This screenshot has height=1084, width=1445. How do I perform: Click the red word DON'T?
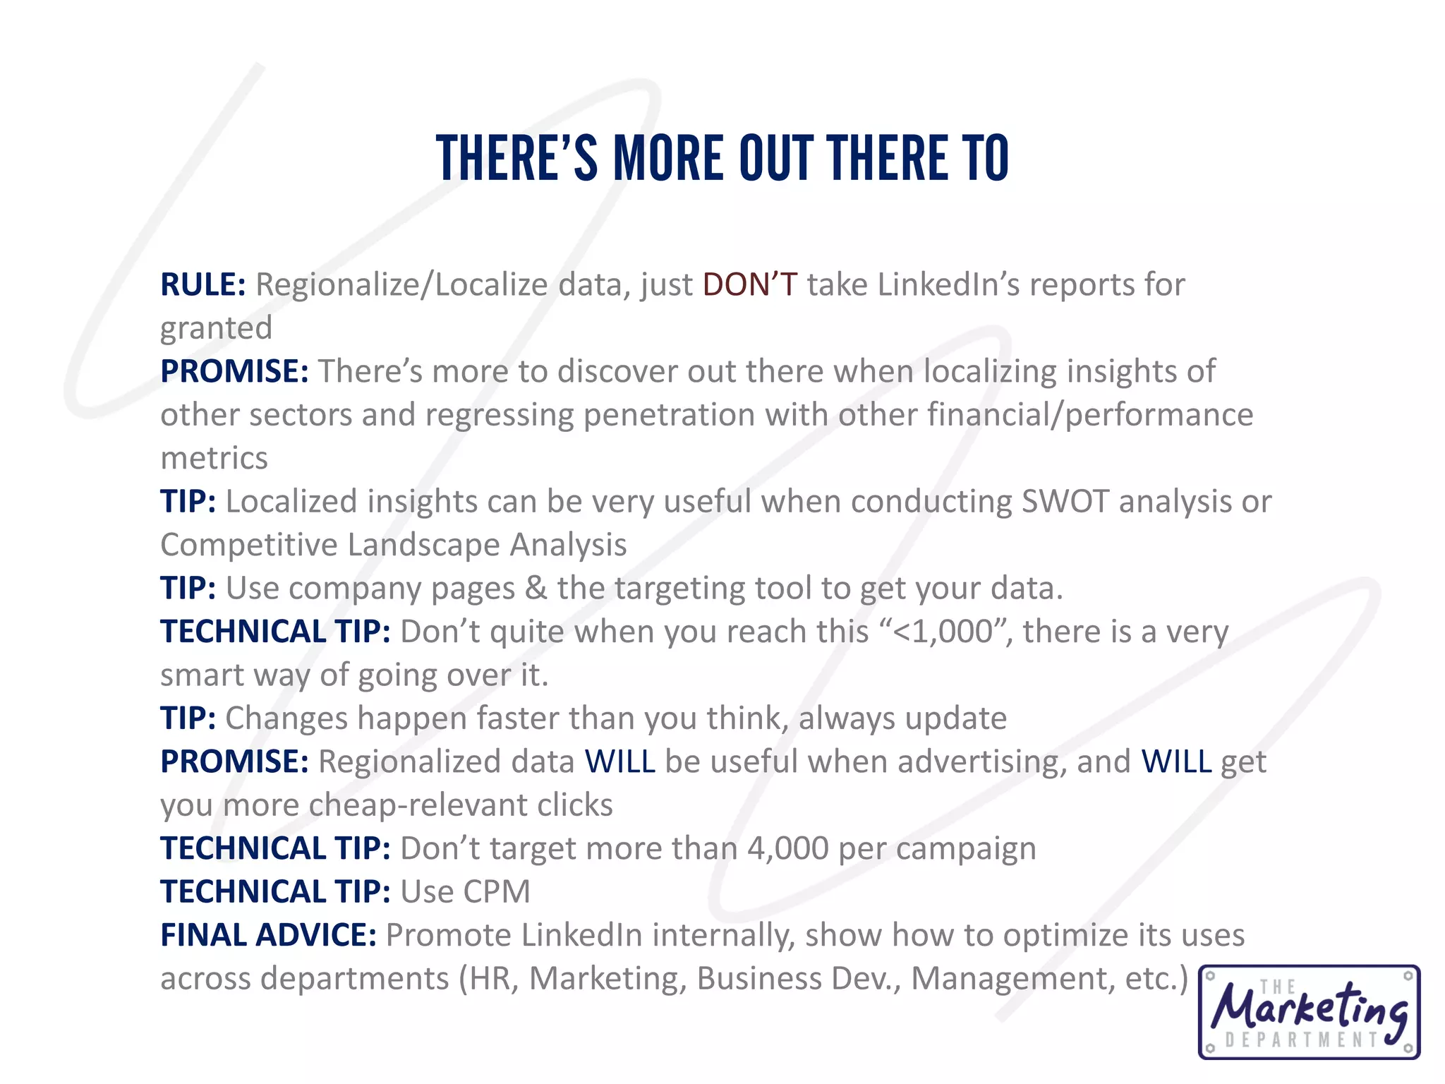click(x=750, y=284)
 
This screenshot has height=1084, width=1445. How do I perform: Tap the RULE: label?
click(x=202, y=284)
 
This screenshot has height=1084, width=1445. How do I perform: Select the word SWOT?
click(x=1065, y=502)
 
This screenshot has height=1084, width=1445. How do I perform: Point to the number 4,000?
click(x=787, y=848)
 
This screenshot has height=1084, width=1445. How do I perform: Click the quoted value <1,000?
click(x=943, y=632)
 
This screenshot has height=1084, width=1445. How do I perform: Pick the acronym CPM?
click(x=497, y=891)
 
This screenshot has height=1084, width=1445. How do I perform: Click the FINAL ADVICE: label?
click(x=268, y=935)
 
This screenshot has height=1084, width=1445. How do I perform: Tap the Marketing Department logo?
click(x=1309, y=1012)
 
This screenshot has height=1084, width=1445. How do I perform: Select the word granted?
click(x=216, y=329)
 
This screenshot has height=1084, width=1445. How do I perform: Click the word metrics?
click(x=214, y=458)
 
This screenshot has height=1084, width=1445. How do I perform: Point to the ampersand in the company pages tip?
click(x=536, y=589)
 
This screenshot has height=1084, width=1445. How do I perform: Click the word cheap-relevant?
click(x=418, y=805)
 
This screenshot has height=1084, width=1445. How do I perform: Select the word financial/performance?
click(x=1090, y=415)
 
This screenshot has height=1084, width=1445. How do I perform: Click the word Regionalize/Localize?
click(x=401, y=284)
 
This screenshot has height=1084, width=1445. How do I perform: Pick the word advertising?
click(x=981, y=762)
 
